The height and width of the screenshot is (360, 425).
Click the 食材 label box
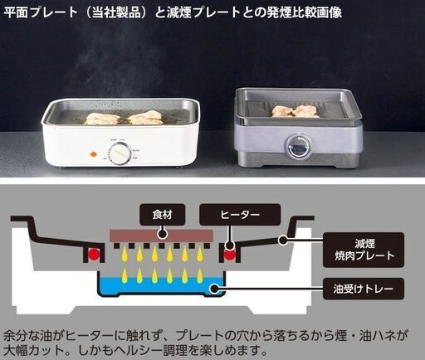click(x=163, y=214)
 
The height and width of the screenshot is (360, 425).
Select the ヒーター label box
click(x=240, y=214)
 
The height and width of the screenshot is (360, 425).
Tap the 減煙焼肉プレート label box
click(x=364, y=250)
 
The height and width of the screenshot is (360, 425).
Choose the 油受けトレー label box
click(x=364, y=289)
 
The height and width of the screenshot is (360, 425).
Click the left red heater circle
click(x=94, y=254)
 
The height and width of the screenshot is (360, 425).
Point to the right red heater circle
click(x=229, y=254)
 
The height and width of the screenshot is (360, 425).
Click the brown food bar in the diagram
click(x=161, y=235)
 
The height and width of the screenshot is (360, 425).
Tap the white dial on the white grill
click(x=120, y=154)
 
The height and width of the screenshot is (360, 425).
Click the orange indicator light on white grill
click(x=93, y=153)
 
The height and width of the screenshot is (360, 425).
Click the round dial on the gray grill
click(x=298, y=145)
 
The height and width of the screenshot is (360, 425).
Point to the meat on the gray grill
click(x=295, y=111)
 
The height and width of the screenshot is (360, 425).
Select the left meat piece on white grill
click(x=102, y=119)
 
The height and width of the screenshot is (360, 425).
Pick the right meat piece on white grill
click(x=144, y=118)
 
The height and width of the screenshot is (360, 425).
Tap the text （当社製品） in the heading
click(x=116, y=12)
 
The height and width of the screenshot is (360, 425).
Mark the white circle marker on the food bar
click(x=162, y=234)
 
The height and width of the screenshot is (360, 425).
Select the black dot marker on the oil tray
click(x=214, y=289)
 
